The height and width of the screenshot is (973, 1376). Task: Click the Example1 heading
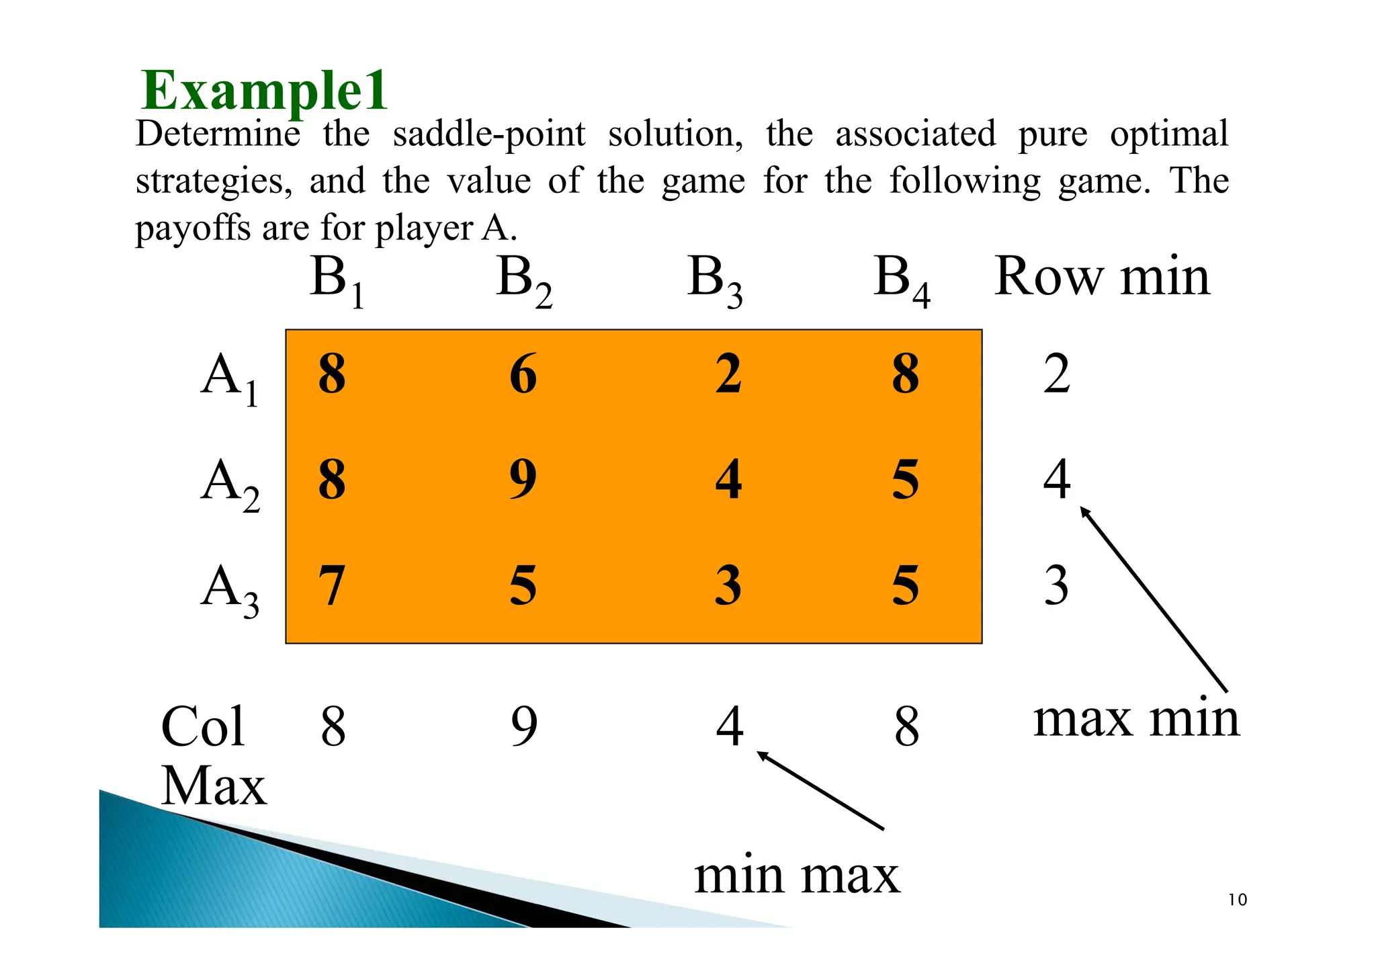click(x=265, y=91)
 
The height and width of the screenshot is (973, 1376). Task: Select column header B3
click(x=714, y=280)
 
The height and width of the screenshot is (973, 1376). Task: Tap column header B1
click(x=337, y=280)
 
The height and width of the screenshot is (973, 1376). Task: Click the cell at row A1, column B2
click(x=523, y=374)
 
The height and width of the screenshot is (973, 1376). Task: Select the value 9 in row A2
click(x=523, y=479)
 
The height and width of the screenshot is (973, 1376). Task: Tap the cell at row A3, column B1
click(x=332, y=585)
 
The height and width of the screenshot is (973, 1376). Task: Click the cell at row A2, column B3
click(x=728, y=479)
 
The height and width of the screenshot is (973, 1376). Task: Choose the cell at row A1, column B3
click(x=728, y=374)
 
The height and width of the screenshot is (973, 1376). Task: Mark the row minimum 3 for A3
click(x=1056, y=585)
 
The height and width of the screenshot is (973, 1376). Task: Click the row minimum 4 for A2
click(x=1056, y=479)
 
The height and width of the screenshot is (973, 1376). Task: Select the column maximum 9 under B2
click(x=524, y=726)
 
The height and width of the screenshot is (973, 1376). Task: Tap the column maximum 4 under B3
click(x=729, y=726)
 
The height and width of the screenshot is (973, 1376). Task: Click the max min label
click(x=1135, y=718)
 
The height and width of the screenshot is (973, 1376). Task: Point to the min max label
click(x=796, y=876)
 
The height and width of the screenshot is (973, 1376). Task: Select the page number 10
click(x=1237, y=900)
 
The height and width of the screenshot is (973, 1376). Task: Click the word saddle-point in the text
click(x=489, y=134)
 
